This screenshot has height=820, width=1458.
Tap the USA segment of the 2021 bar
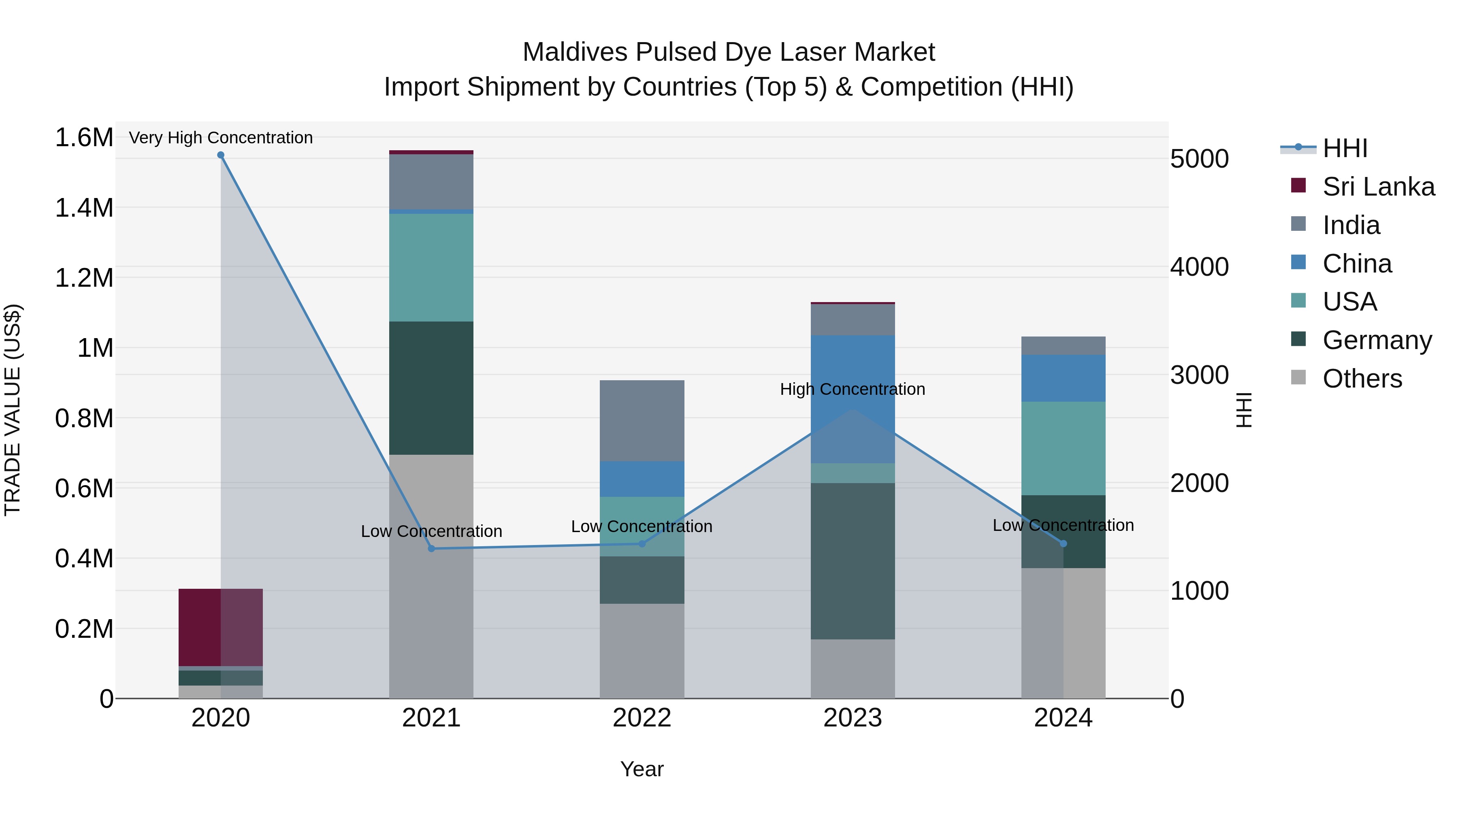point(431,267)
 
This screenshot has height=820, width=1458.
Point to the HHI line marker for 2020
point(221,155)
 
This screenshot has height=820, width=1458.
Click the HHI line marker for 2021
point(431,548)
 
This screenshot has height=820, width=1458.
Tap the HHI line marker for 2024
point(1063,543)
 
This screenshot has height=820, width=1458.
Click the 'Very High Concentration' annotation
point(221,138)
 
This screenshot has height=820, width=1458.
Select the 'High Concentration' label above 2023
point(853,389)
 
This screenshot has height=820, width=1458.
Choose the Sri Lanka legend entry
point(1378,187)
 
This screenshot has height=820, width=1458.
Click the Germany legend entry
point(1377,340)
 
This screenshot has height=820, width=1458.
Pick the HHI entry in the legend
point(1344,148)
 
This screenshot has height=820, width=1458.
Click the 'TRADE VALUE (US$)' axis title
point(13,410)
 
